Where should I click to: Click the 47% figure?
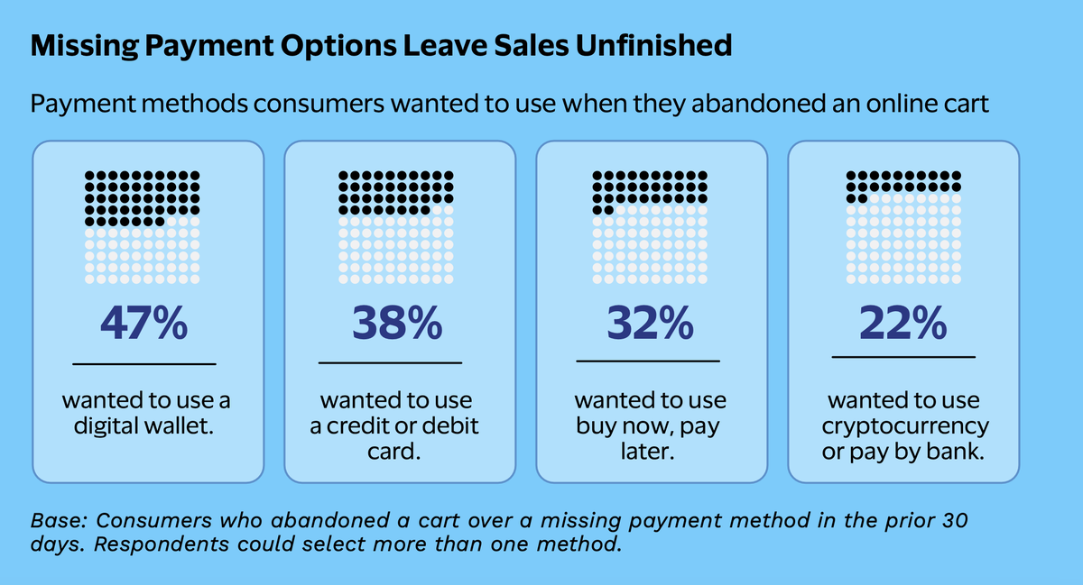143,323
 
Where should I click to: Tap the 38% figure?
397,323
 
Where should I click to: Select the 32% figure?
650,323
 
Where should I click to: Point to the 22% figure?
902,323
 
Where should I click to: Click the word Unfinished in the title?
653,45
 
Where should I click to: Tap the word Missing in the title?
85,46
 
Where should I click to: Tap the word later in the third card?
647,452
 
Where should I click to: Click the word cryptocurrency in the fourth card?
905,427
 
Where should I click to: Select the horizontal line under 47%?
144,364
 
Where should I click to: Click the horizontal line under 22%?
903,357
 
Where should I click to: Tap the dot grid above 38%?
396,227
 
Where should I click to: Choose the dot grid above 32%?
650,227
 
